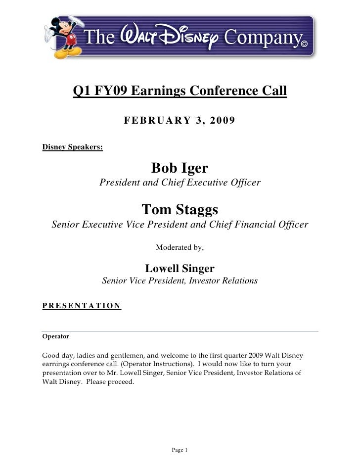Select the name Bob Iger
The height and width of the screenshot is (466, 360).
click(180, 169)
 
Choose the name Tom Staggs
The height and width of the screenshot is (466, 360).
click(180, 209)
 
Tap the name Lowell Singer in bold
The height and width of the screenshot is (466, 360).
click(180, 269)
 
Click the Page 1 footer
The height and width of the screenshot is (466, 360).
click(180, 450)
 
